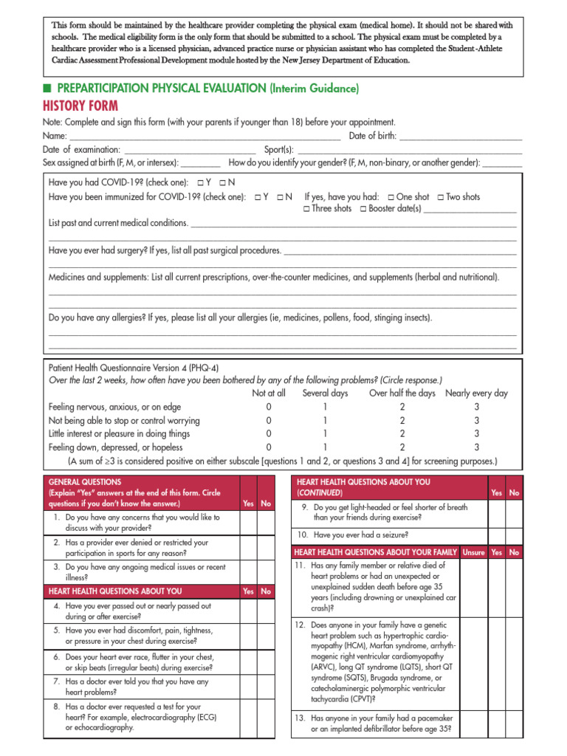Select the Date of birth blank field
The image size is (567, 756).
(460, 136)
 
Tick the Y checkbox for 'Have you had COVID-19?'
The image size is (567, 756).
(200, 182)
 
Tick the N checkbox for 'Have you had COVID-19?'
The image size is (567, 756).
(223, 182)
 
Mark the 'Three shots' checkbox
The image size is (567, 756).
(306, 209)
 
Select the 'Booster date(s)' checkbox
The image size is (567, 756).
(363, 209)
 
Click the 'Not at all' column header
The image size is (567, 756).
(269, 394)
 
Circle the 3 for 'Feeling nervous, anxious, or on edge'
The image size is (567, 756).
(477, 407)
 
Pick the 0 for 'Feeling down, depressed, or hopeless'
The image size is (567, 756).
(269, 447)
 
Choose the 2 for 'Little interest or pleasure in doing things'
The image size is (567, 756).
(402, 434)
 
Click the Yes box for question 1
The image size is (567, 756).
(248, 523)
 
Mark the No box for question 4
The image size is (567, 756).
(266, 611)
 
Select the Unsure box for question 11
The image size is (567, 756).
(473, 588)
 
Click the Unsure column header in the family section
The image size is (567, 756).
(473, 552)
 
